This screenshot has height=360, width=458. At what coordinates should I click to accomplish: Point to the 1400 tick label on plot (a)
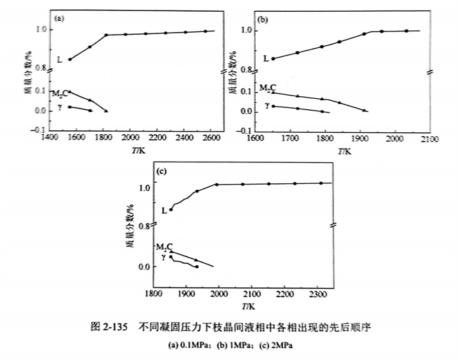coord(48,139)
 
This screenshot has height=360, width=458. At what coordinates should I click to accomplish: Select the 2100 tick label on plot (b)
coord(429,139)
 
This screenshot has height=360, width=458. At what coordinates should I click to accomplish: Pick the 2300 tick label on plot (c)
coord(319,294)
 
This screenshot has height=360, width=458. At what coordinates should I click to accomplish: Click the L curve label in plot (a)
coord(60,60)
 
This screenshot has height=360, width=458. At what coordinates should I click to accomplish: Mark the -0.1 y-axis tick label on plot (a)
coord(39,130)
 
